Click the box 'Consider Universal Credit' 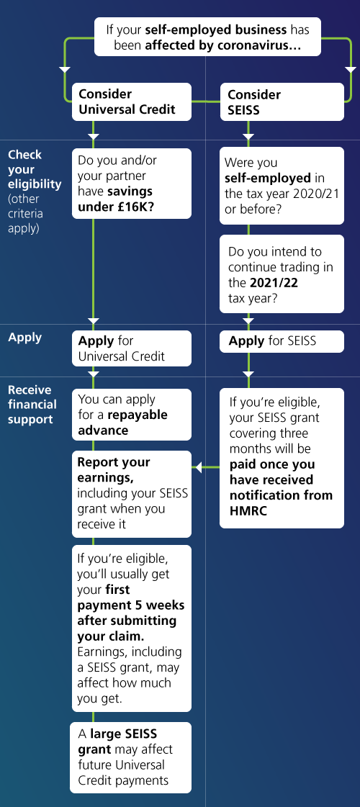(x=131, y=102)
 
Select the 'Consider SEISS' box (x=282, y=102)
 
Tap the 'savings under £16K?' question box (x=131, y=184)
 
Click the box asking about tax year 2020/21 (x=282, y=186)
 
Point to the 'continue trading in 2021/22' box (x=282, y=274)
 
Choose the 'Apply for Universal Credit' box (x=131, y=348)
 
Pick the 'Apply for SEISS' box (x=282, y=341)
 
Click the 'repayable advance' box (x=131, y=415)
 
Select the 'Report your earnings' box (x=131, y=494)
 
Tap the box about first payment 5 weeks (x=131, y=628)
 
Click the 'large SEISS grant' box (x=130, y=757)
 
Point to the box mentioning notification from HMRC (x=282, y=458)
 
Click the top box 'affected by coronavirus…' (x=207, y=37)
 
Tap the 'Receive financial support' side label (x=32, y=405)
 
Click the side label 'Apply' (x=24, y=338)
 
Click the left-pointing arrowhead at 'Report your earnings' (x=197, y=467)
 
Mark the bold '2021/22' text (x=274, y=283)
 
